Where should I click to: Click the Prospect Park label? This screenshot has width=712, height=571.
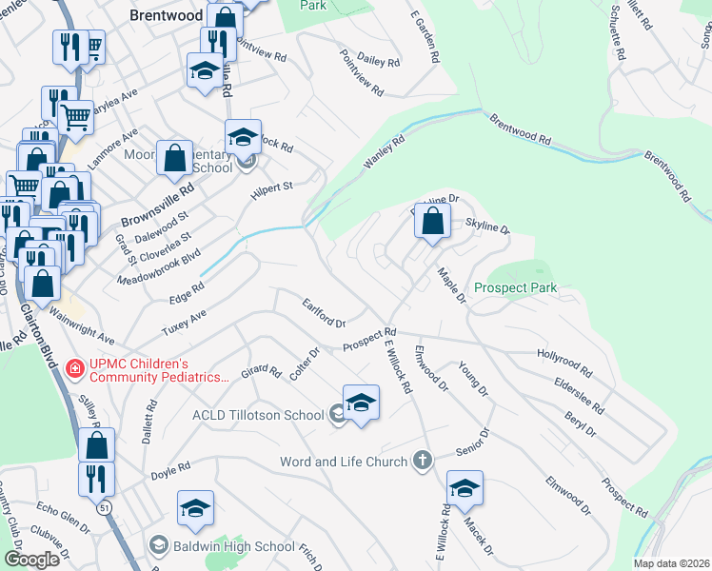(514, 287)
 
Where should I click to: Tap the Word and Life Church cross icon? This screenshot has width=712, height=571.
(424, 462)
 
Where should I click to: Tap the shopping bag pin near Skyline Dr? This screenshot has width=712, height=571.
(432, 222)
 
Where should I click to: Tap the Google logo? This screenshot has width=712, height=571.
(31, 560)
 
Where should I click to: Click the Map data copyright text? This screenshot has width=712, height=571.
(671, 563)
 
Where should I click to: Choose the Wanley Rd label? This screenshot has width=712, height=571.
(384, 152)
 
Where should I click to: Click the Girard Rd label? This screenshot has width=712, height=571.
(261, 374)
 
